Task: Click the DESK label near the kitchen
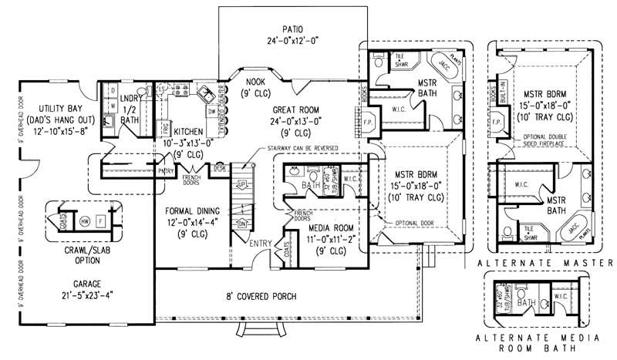click(220, 167)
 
